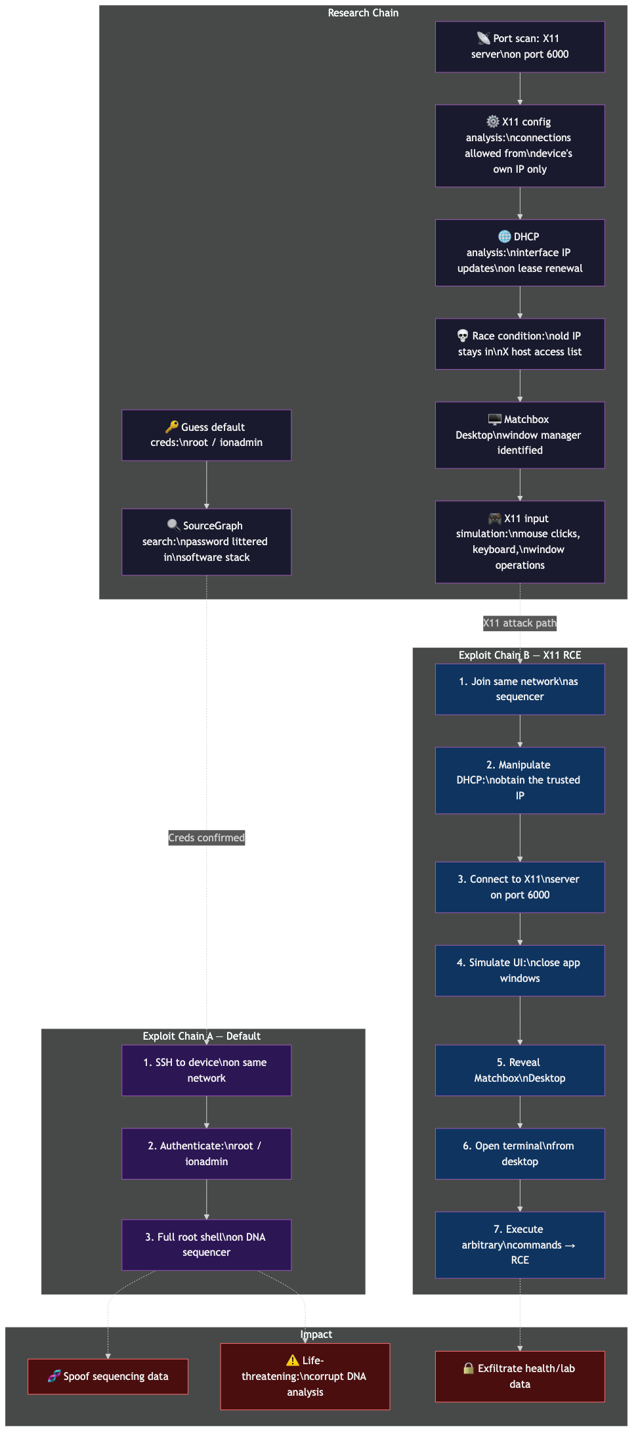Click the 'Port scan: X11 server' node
pos(519,47)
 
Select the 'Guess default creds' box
pos(206,435)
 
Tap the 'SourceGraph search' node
pos(206,541)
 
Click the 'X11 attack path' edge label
pos(519,623)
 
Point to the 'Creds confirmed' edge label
pos(206,837)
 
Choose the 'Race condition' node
pos(519,344)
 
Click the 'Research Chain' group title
pos(363,13)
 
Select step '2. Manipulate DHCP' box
pos(519,780)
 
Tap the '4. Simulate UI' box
pos(519,970)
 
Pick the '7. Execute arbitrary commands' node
pos(519,1244)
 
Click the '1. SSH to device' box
pos(206,1070)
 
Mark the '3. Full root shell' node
pos(206,1244)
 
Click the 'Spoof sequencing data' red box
pos(108,1376)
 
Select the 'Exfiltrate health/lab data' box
pos(519,1376)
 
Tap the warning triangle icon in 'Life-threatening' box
pos(293,1360)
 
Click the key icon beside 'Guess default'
pos(172,426)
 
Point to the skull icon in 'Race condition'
pos(463,336)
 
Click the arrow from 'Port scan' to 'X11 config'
pos(519,88)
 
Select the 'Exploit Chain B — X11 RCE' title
pos(519,655)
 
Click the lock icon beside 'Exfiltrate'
pos(469,1368)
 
